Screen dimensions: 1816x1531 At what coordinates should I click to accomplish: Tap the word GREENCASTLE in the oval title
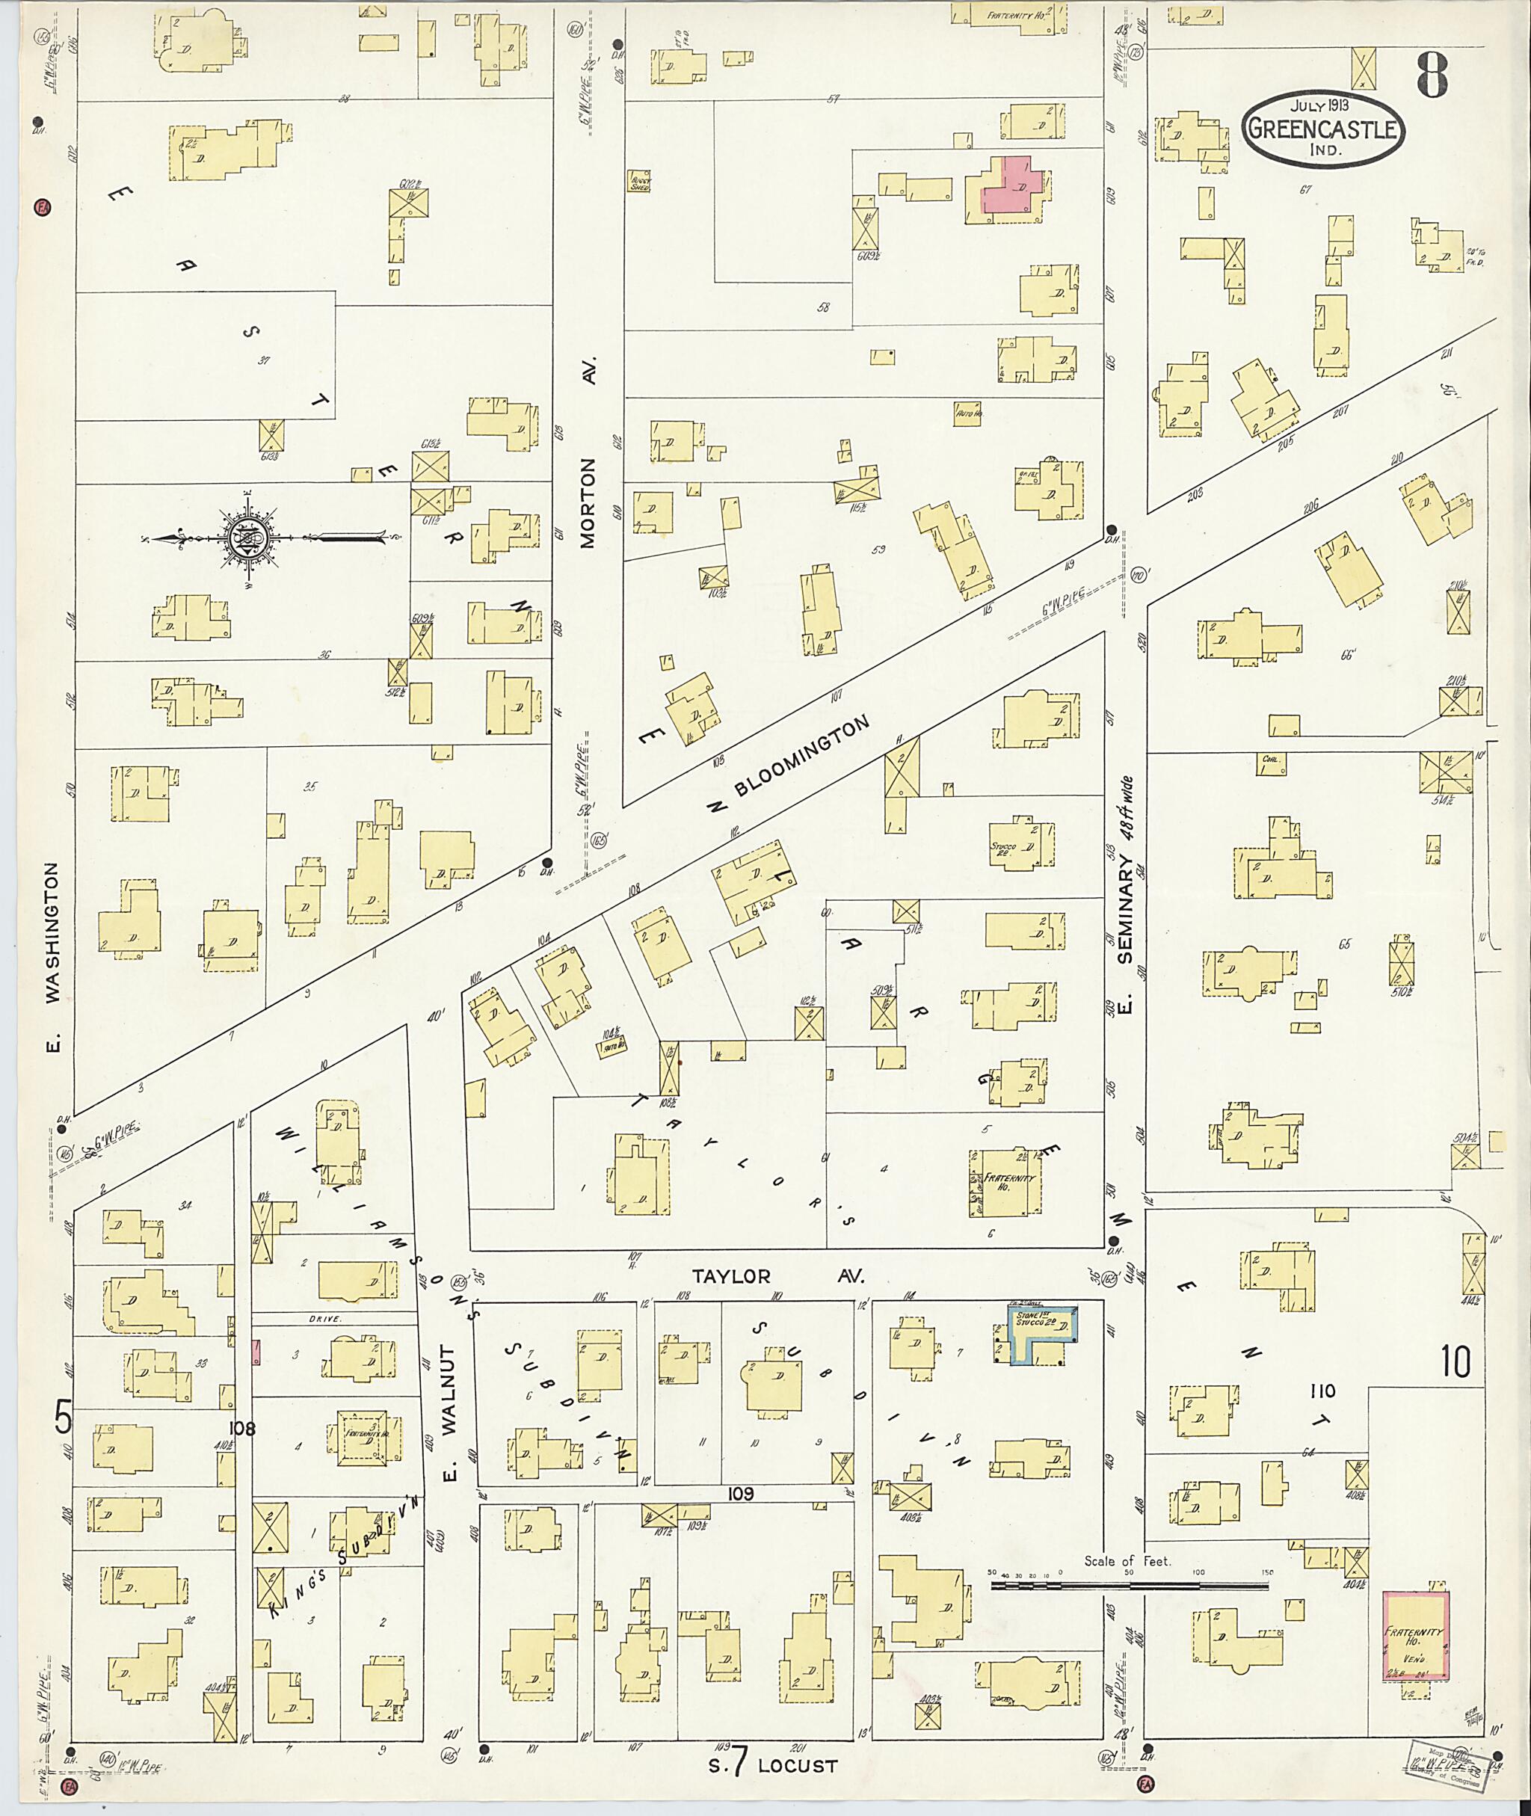(x=1324, y=131)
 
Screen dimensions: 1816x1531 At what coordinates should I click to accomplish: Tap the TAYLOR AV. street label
(x=777, y=1277)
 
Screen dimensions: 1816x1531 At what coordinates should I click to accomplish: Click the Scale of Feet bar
(x=1128, y=1586)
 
